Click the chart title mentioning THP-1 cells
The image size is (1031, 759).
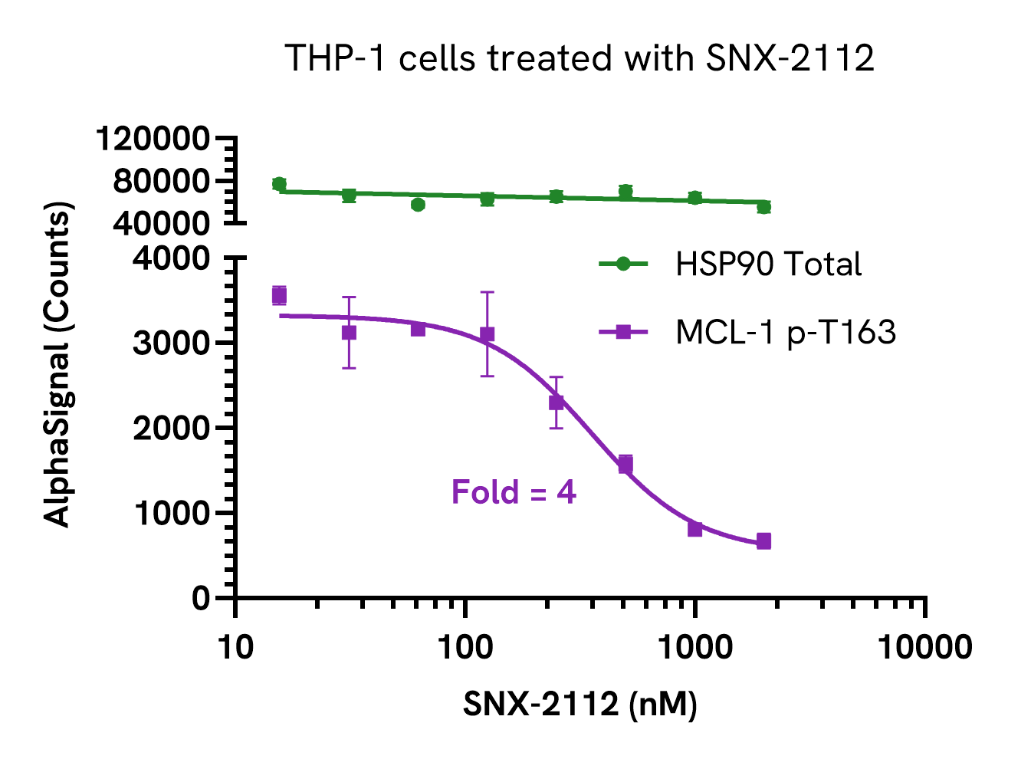[x=580, y=58]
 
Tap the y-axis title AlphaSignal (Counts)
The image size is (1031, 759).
[x=58, y=364]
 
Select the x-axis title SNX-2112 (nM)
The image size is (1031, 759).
[x=580, y=703]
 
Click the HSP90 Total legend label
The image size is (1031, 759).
[x=768, y=264]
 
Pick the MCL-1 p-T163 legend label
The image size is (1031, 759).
[x=786, y=332]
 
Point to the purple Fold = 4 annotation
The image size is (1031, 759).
[x=514, y=492]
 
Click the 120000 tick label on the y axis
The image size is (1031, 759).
[x=153, y=139]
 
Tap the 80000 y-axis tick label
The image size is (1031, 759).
[x=161, y=181]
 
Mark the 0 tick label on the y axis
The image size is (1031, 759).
[x=201, y=597]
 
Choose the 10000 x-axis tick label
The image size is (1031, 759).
[x=924, y=648]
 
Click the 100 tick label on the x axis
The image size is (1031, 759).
[x=465, y=648]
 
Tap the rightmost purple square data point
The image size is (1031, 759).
[x=763, y=541]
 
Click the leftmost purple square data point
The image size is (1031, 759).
[x=279, y=296]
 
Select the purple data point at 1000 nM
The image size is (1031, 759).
[x=695, y=528]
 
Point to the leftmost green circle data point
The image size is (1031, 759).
[x=279, y=184]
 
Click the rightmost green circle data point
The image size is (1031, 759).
[x=763, y=207]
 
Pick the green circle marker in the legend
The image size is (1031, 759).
[x=623, y=264]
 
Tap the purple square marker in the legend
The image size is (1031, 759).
[x=623, y=332]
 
